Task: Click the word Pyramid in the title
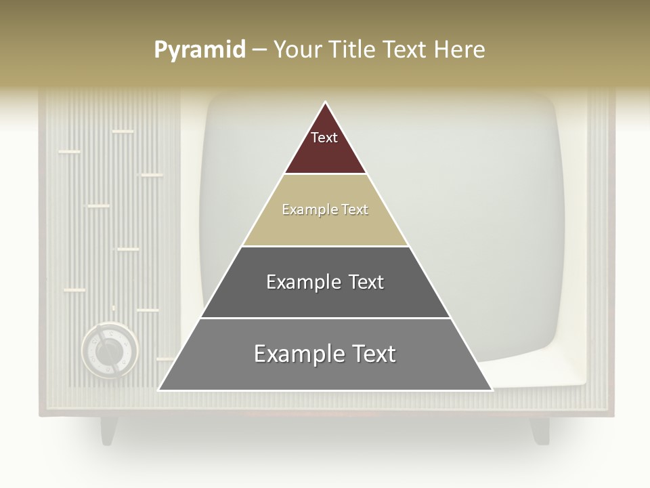(200, 50)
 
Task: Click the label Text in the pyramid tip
(324, 138)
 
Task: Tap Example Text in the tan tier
(325, 209)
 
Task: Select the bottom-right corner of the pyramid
(492, 390)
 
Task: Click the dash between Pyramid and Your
(259, 50)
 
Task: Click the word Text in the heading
(404, 50)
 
